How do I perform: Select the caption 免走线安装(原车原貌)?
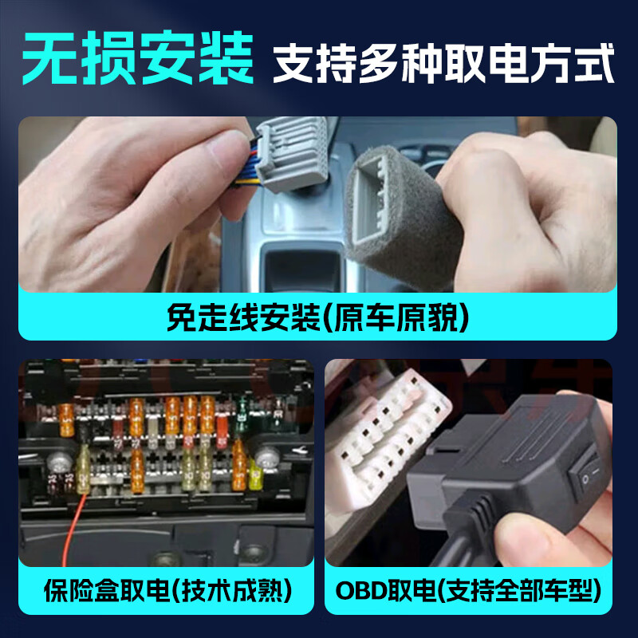pyautogui.click(x=317, y=317)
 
